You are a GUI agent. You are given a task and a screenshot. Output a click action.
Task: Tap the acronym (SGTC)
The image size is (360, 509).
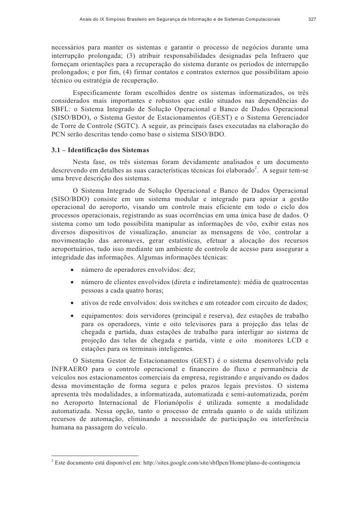click(127, 126)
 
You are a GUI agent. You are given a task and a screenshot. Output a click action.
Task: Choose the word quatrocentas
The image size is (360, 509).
click(289, 281)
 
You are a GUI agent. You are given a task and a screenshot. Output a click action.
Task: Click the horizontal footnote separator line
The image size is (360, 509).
click(95, 455)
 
